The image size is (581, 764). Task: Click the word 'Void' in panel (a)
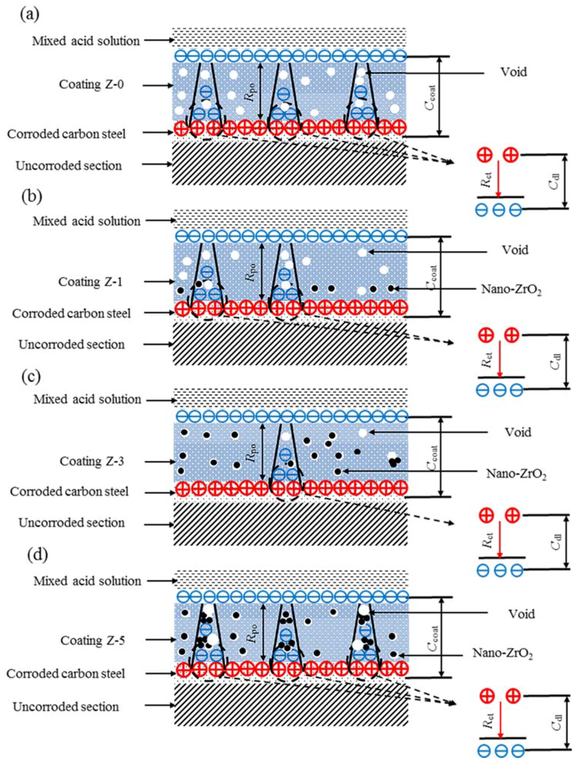coord(514,72)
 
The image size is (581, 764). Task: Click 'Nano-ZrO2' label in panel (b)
coord(511,290)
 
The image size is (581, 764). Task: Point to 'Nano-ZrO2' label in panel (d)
coord(502,653)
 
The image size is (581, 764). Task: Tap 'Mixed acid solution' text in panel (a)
coord(86,41)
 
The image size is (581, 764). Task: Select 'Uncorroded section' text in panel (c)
coord(72,522)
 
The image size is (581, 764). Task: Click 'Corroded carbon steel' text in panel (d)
coord(66,674)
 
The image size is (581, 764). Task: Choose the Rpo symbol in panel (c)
coord(250,452)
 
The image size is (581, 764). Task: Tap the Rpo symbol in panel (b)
coord(251,272)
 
